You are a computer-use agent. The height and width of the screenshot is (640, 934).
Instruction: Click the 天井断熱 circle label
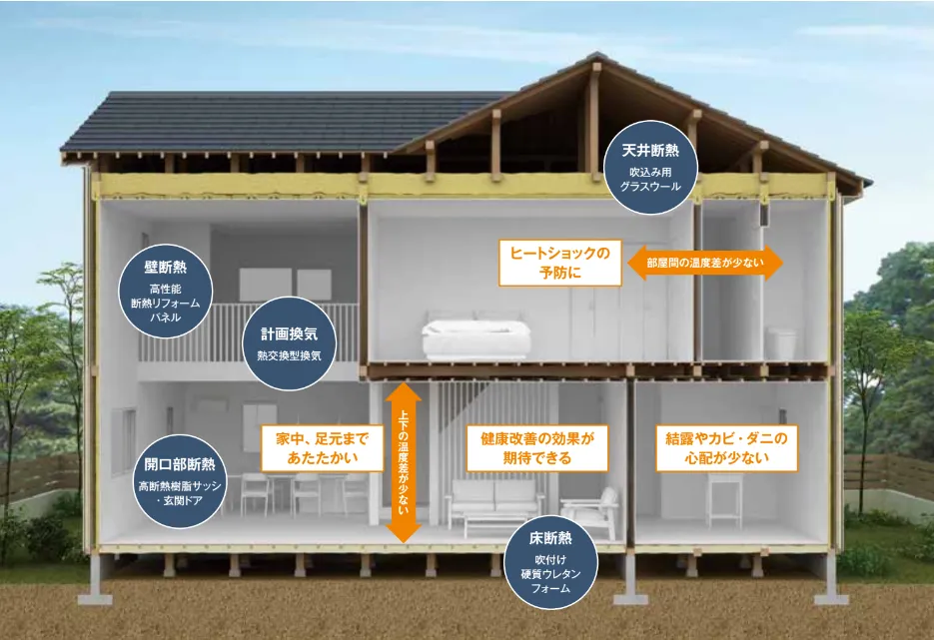[650, 168]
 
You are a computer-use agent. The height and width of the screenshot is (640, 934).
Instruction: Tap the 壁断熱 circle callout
[166, 292]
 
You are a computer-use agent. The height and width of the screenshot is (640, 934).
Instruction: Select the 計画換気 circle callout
[290, 343]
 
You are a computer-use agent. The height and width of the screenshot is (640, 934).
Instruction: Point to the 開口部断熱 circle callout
[179, 481]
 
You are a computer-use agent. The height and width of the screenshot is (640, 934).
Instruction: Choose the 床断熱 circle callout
[550, 562]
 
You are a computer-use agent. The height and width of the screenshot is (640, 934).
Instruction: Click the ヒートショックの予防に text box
[560, 264]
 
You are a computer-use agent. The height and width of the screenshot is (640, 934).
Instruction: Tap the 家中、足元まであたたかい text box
[323, 448]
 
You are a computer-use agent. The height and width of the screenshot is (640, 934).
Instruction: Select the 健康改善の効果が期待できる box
[537, 448]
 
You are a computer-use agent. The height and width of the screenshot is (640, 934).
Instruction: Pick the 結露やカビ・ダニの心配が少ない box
[726, 448]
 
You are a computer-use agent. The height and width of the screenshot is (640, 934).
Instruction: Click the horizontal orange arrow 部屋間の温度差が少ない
[705, 263]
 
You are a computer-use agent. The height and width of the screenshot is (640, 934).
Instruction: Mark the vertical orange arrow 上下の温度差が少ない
[404, 462]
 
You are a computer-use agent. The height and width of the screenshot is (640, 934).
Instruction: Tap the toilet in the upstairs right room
[781, 342]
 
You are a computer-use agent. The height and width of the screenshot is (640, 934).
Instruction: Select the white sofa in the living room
[495, 502]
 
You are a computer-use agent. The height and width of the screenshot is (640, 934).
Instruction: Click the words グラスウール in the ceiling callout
[650, 187]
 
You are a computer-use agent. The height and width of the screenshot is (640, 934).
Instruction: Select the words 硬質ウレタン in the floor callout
[550, 574]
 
